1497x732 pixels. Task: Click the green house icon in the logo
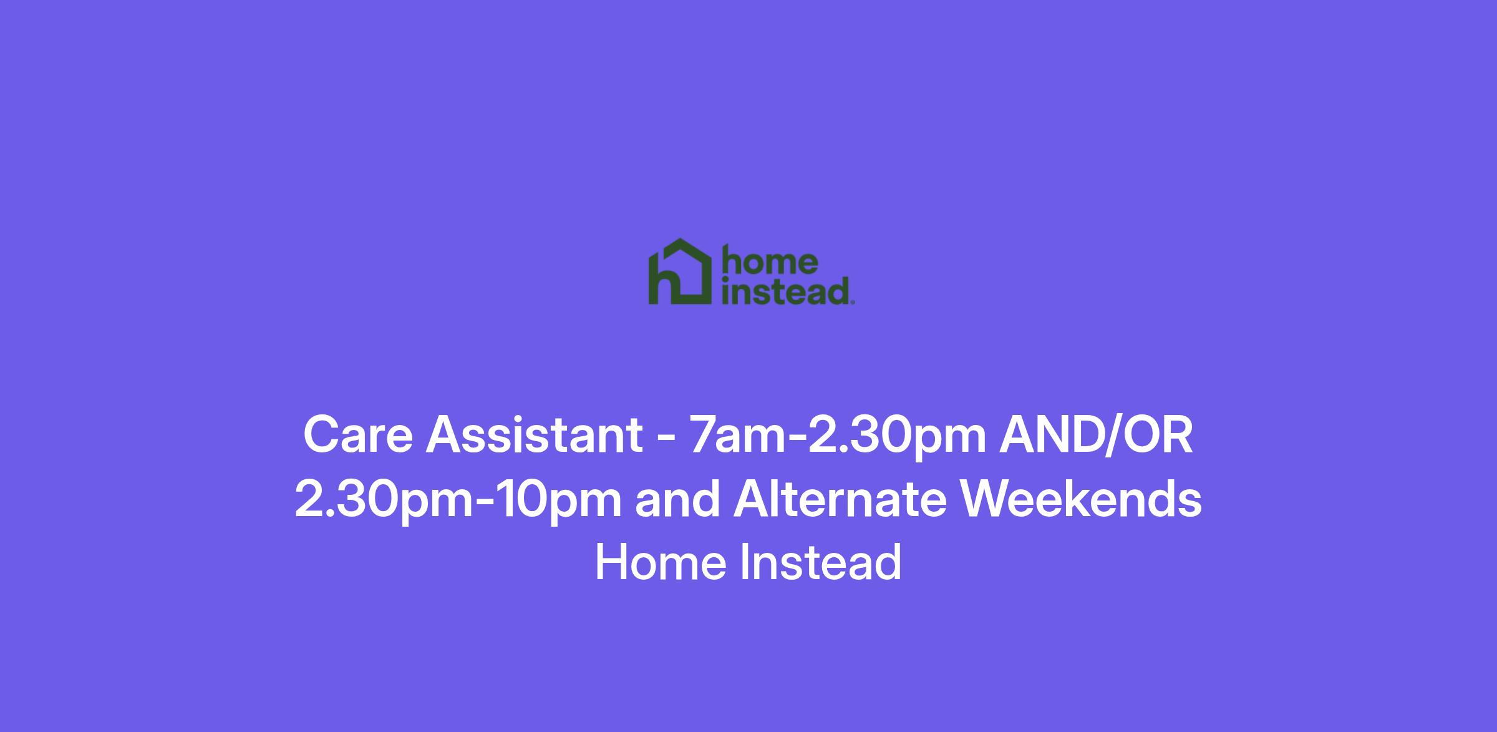pyautogui.click(x=680, y=272)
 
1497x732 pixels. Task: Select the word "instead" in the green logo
pyautogui.click(x=785, y=291)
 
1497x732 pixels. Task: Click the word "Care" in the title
pyautogui.click(x=357, y=435)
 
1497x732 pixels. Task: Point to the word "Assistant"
pyautogui.click(x=534, y=435)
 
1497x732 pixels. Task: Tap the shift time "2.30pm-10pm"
pyautogui.click(x=458, y=500)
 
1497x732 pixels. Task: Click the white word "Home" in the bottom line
pyautogui.click(x=661, y=562)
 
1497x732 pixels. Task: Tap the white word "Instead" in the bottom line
pyautogui.click(x=821, y=562)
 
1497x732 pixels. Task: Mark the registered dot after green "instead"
pyautogui.click(x=852, y=303)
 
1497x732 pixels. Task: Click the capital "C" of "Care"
pyautogui.click(x=321, y=435)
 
